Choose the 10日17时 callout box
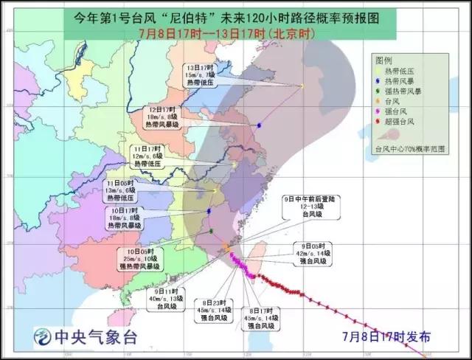(123, 219)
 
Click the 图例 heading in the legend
(383, 59)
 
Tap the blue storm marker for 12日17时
(260, 125)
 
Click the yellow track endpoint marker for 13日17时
(301, 86)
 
